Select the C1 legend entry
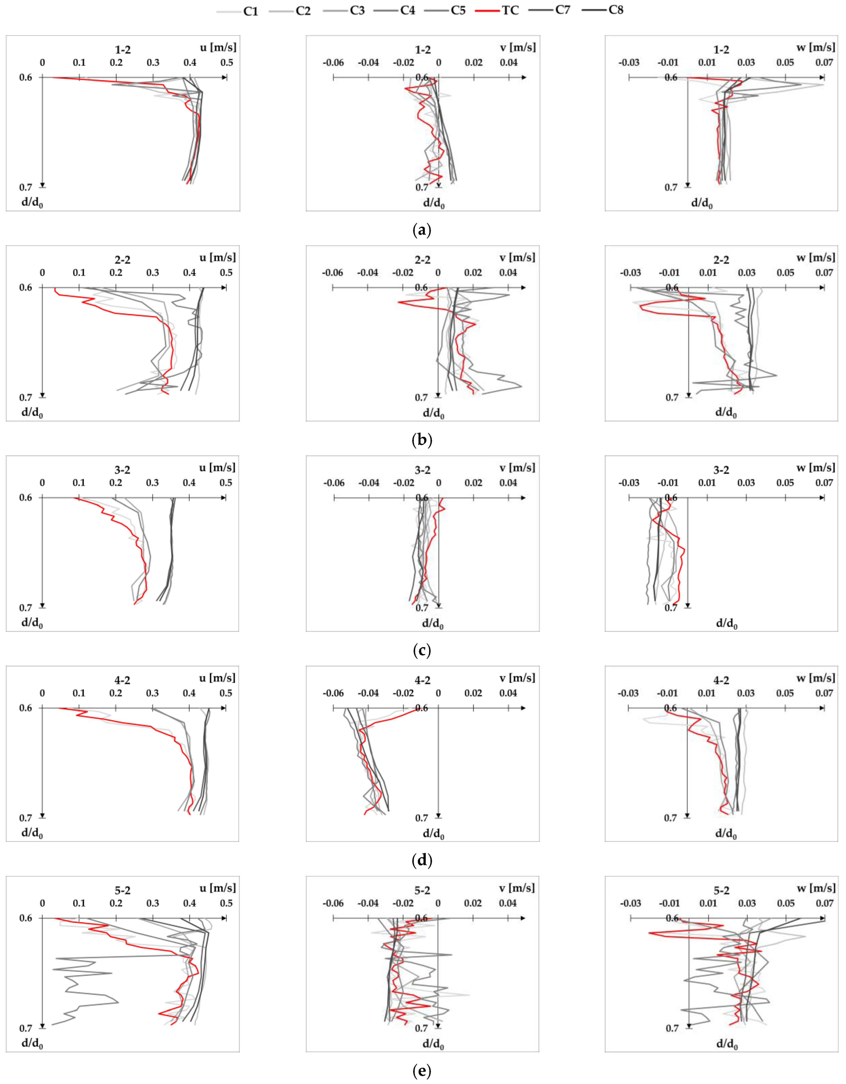250,11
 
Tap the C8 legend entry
616,10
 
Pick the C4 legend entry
407,11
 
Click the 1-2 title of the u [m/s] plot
123,50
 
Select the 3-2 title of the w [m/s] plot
721,470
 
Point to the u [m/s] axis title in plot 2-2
217,258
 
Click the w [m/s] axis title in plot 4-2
815,678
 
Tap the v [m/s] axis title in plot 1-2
517,48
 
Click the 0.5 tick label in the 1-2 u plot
226,62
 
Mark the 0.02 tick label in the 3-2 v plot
473,483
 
